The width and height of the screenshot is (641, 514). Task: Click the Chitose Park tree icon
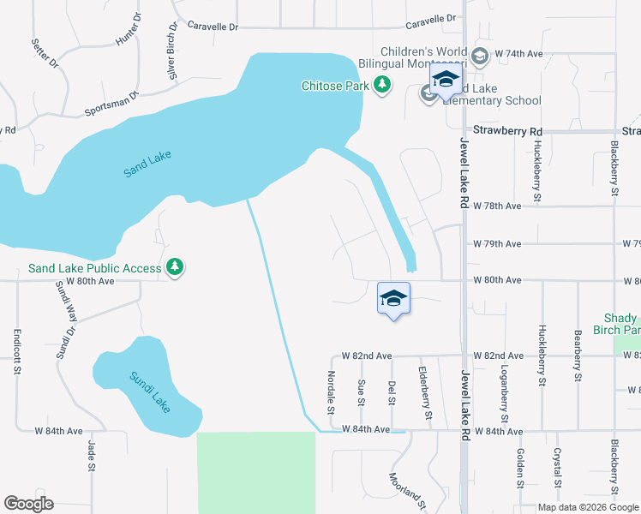(382, 85)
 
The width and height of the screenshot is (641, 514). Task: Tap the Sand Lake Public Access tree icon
(175, 268)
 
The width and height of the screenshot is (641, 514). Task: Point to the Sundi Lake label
(151, 391)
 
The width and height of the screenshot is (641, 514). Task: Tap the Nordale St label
(331, 389)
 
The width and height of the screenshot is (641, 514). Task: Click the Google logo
(28, 504)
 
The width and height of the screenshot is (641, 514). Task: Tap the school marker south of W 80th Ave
(393, 299)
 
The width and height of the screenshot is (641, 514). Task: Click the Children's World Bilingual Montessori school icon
(479, 57)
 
